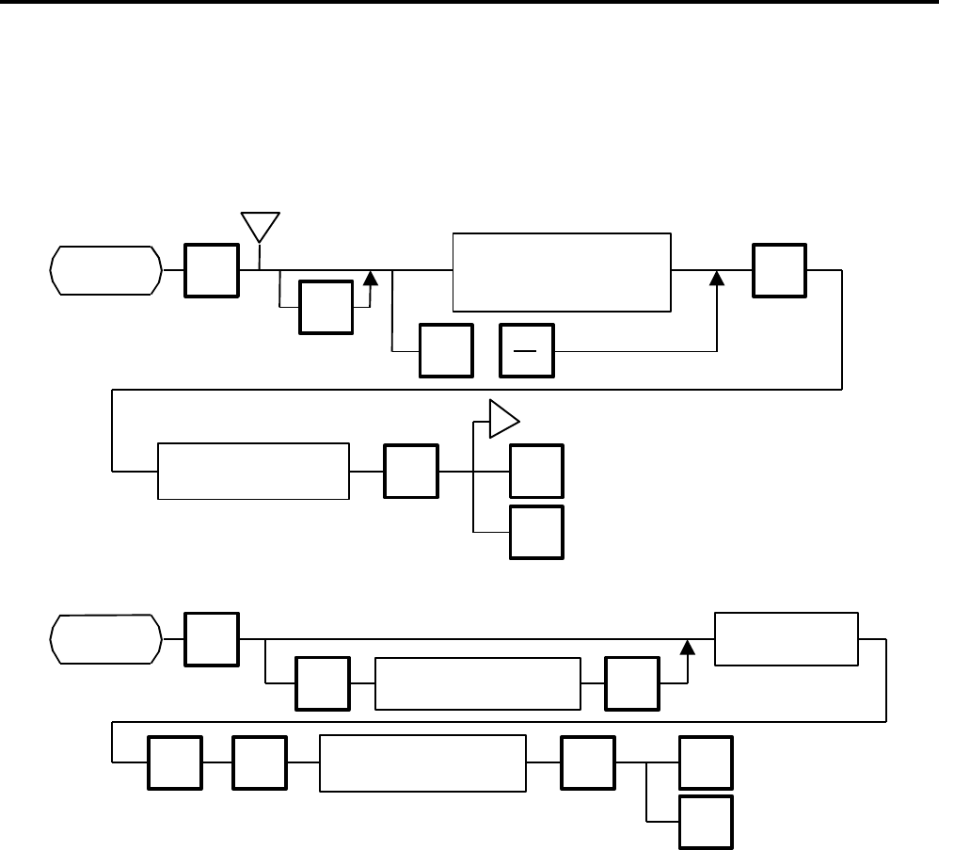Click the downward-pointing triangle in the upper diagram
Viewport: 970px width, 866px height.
coord(261,227)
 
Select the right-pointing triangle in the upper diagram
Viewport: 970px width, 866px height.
coord(503,418)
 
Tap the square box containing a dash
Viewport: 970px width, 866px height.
coord(528,351)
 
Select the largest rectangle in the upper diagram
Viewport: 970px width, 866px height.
coord(562,270)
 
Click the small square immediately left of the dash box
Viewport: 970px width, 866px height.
coord(446,351)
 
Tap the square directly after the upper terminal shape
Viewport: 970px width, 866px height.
coord(212,270)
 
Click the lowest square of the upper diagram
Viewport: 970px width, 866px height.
coord(536,533)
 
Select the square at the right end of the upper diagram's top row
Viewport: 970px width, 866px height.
coord(779,270)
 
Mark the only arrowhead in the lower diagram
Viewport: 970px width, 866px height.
coord(688,647)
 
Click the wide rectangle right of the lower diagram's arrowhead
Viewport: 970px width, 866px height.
coord(787,638)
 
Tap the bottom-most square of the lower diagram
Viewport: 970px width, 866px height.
coord(706,823)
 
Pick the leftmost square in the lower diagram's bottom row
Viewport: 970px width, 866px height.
coord(175,762)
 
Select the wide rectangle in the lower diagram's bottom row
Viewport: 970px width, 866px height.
coord(422,762)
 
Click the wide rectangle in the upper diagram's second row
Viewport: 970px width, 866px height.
coord(253,470)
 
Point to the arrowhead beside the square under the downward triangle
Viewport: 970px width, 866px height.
coord(369,278)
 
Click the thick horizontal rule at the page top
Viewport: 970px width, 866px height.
coord(470,2)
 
